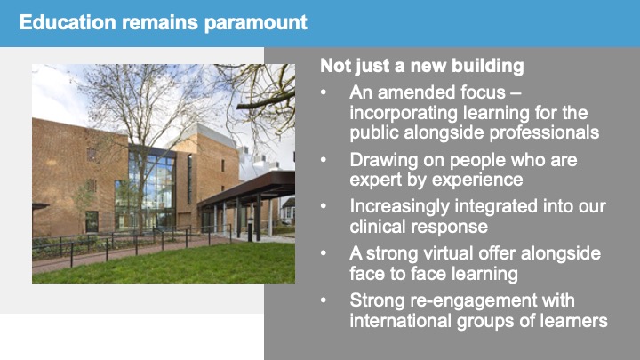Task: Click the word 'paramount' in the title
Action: [255, 23]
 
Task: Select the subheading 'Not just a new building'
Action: [422, 66]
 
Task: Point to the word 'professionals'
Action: [544, 132]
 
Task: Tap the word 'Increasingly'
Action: [399, 207]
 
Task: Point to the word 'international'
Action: [400, 320]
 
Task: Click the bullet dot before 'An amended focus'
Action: [324, 92]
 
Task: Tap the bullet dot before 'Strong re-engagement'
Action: [324, 300]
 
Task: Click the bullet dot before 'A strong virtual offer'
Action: [324, 253]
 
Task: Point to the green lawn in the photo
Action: [172, 265]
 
